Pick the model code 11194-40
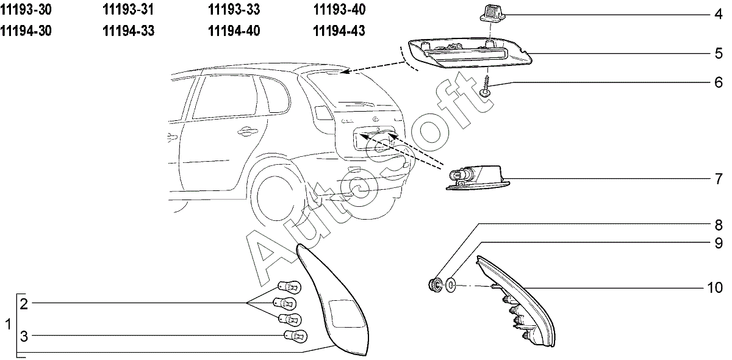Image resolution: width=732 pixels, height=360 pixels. tap(234, 31)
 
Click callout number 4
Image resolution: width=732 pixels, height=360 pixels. tap(719, 14)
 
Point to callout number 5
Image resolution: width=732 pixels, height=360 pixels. tap(719, 54)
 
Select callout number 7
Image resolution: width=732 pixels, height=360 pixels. tap(719, 180)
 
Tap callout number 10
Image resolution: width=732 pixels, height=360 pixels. tap(716, 286)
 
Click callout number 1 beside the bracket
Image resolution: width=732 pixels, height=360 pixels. tap(8, 324)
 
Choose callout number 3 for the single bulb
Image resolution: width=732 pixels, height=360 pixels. tap(24, 336)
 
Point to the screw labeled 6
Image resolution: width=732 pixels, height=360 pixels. tap(487, 85)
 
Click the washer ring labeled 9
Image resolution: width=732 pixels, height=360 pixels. tap(450, 285)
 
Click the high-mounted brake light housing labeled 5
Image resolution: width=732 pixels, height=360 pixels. tap(470, 55)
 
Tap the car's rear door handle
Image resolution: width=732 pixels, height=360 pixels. tap(246, 129)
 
